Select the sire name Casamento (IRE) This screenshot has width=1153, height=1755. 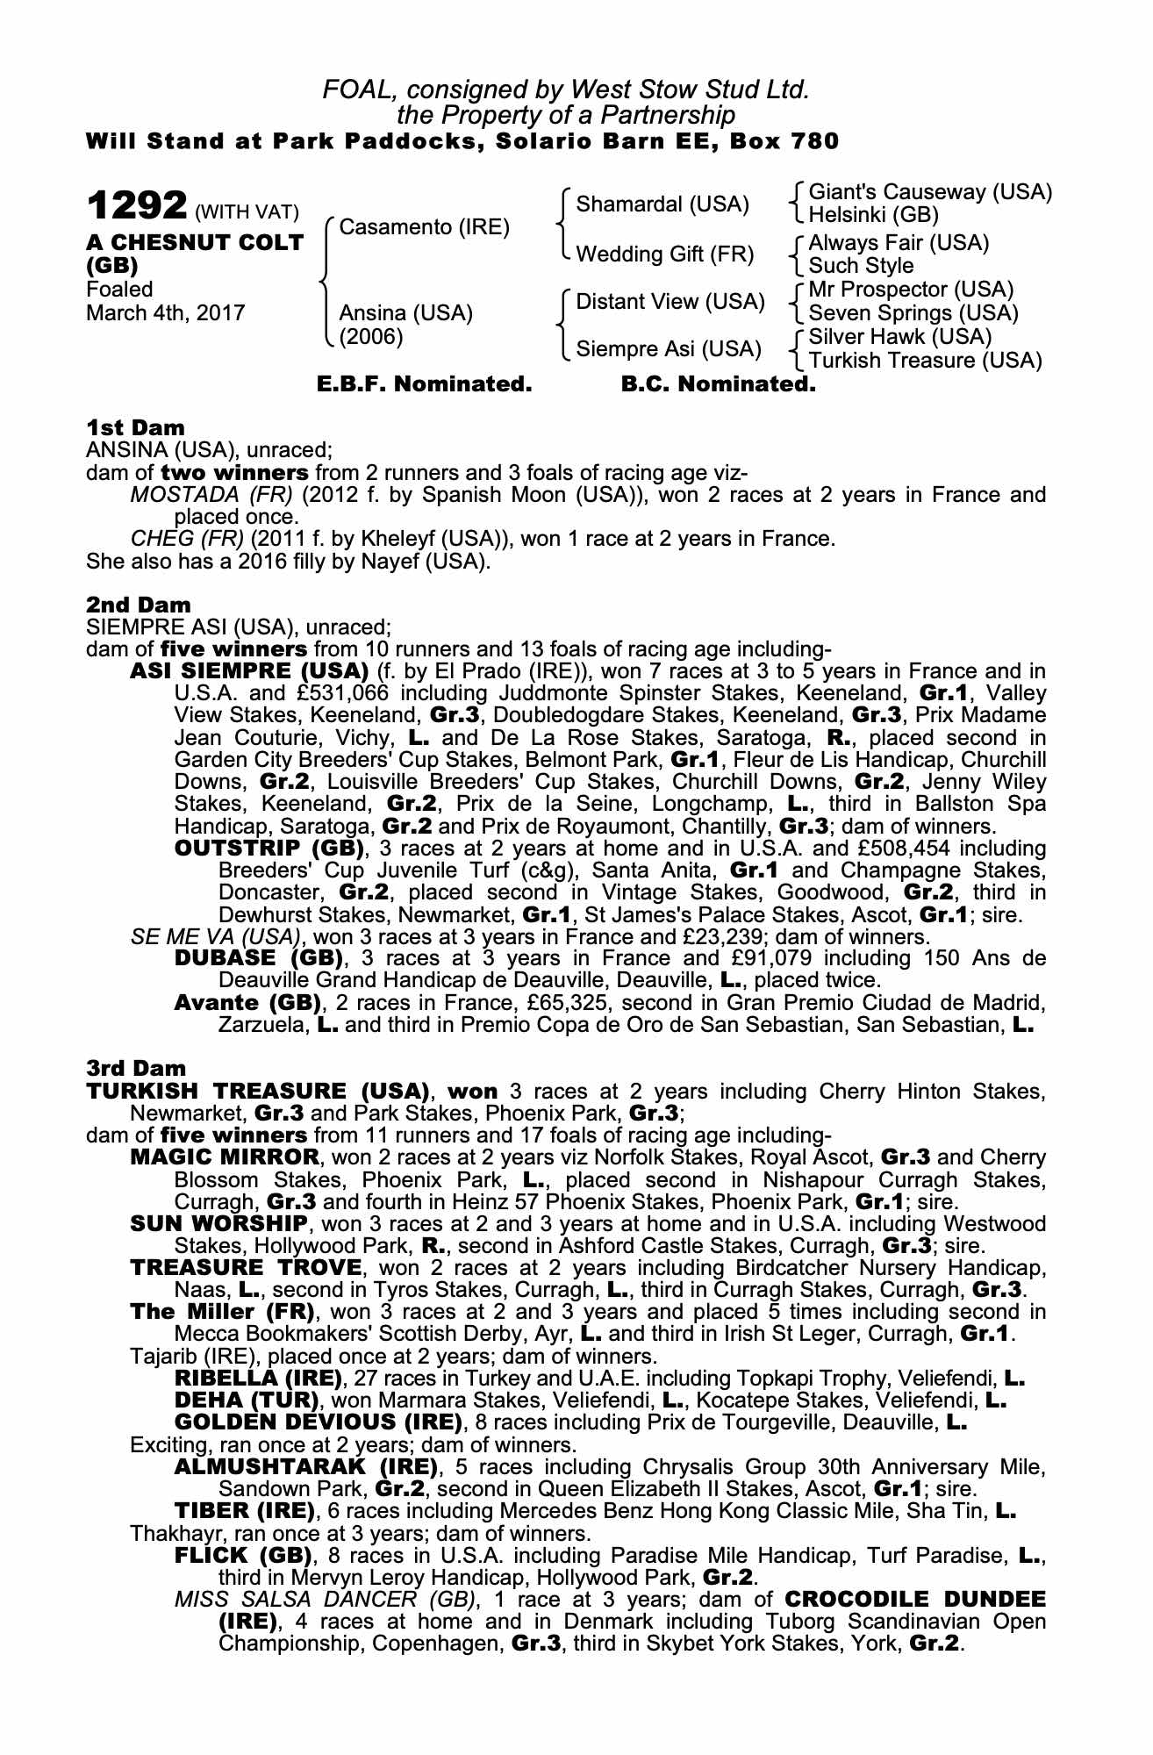(424, 227)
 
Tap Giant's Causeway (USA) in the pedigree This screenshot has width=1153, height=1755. (930, 192)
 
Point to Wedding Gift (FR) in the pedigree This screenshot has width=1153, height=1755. (664, 254)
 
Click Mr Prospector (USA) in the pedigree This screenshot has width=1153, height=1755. (911, 290)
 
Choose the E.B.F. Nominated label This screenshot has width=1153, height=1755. (424, 384)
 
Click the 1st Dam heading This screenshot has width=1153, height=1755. (135, 428)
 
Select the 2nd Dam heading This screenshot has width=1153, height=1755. (138, 605)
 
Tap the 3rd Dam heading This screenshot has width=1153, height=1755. (136, 1069)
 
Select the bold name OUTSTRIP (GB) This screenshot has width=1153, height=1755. (269, 849)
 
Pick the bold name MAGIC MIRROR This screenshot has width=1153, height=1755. (225, 1157)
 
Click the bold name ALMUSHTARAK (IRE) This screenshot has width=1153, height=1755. (306, 1467)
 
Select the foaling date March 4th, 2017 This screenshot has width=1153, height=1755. (165, 313)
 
